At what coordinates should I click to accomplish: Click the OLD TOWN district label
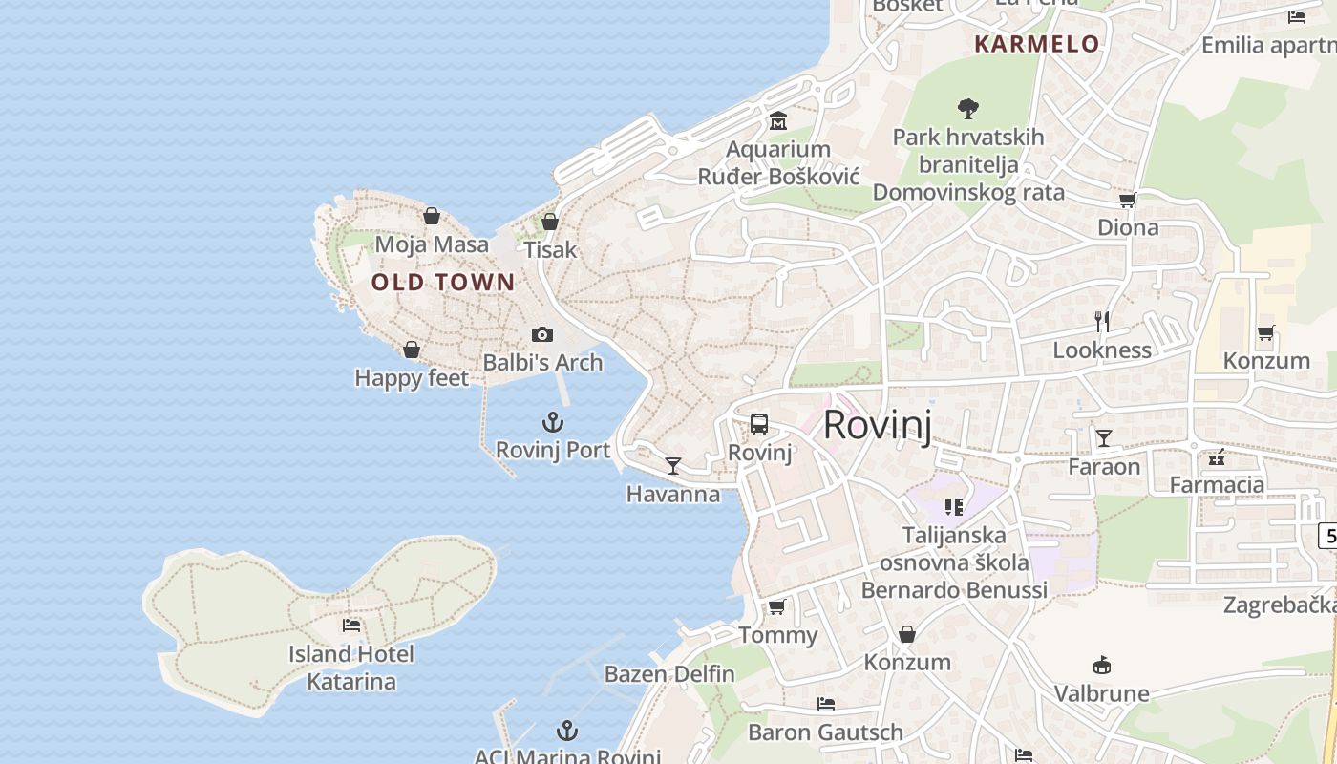(x=443, y=283)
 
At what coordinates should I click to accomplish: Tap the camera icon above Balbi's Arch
(x=542, y=334)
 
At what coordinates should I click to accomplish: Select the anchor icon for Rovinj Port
(x=553, y=422)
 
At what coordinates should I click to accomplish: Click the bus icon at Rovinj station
(x=759, y=424)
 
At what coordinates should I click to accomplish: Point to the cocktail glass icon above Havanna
(x=673, y=466)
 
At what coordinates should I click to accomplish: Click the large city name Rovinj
(x=877, y=424)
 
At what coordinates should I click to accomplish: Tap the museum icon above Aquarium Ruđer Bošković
(x=778, y=121)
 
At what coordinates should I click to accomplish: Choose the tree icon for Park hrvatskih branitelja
(x=968, y=109)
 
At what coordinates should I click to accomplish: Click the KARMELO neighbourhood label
(x=1037, y=44)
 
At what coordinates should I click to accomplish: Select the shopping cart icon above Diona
(x=1128, y=200)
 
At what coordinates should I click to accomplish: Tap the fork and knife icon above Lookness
(x=1102, y=322)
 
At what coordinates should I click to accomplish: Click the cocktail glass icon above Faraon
(x=1104, y=438)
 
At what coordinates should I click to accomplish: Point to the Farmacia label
(x=1217, y=485)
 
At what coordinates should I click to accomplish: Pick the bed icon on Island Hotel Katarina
(x=351, y=626)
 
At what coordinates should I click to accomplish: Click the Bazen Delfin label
(x=669, y=674)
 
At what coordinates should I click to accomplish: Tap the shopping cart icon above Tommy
(x=777, y=607)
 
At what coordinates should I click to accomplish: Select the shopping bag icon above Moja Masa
(x=432, y=216)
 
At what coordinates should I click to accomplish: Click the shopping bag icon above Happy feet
(x=412, y=350)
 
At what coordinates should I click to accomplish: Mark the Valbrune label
(x=1102, y=693)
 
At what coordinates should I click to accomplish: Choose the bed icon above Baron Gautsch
(x=826, y=704)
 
